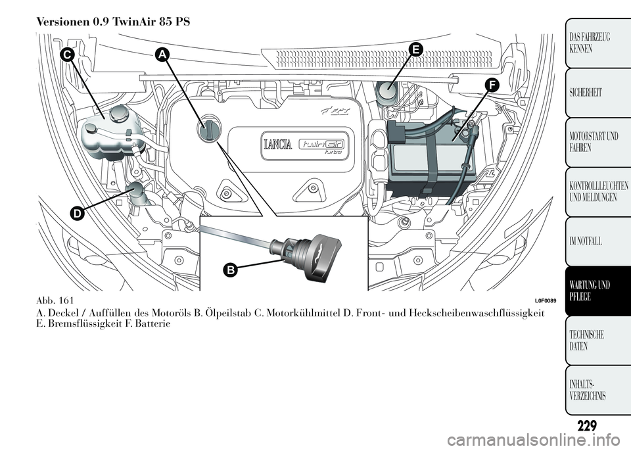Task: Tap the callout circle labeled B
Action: tap(231, 269)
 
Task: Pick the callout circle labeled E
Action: tap(415, 47)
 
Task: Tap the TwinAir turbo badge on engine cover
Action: tap(321, 145)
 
